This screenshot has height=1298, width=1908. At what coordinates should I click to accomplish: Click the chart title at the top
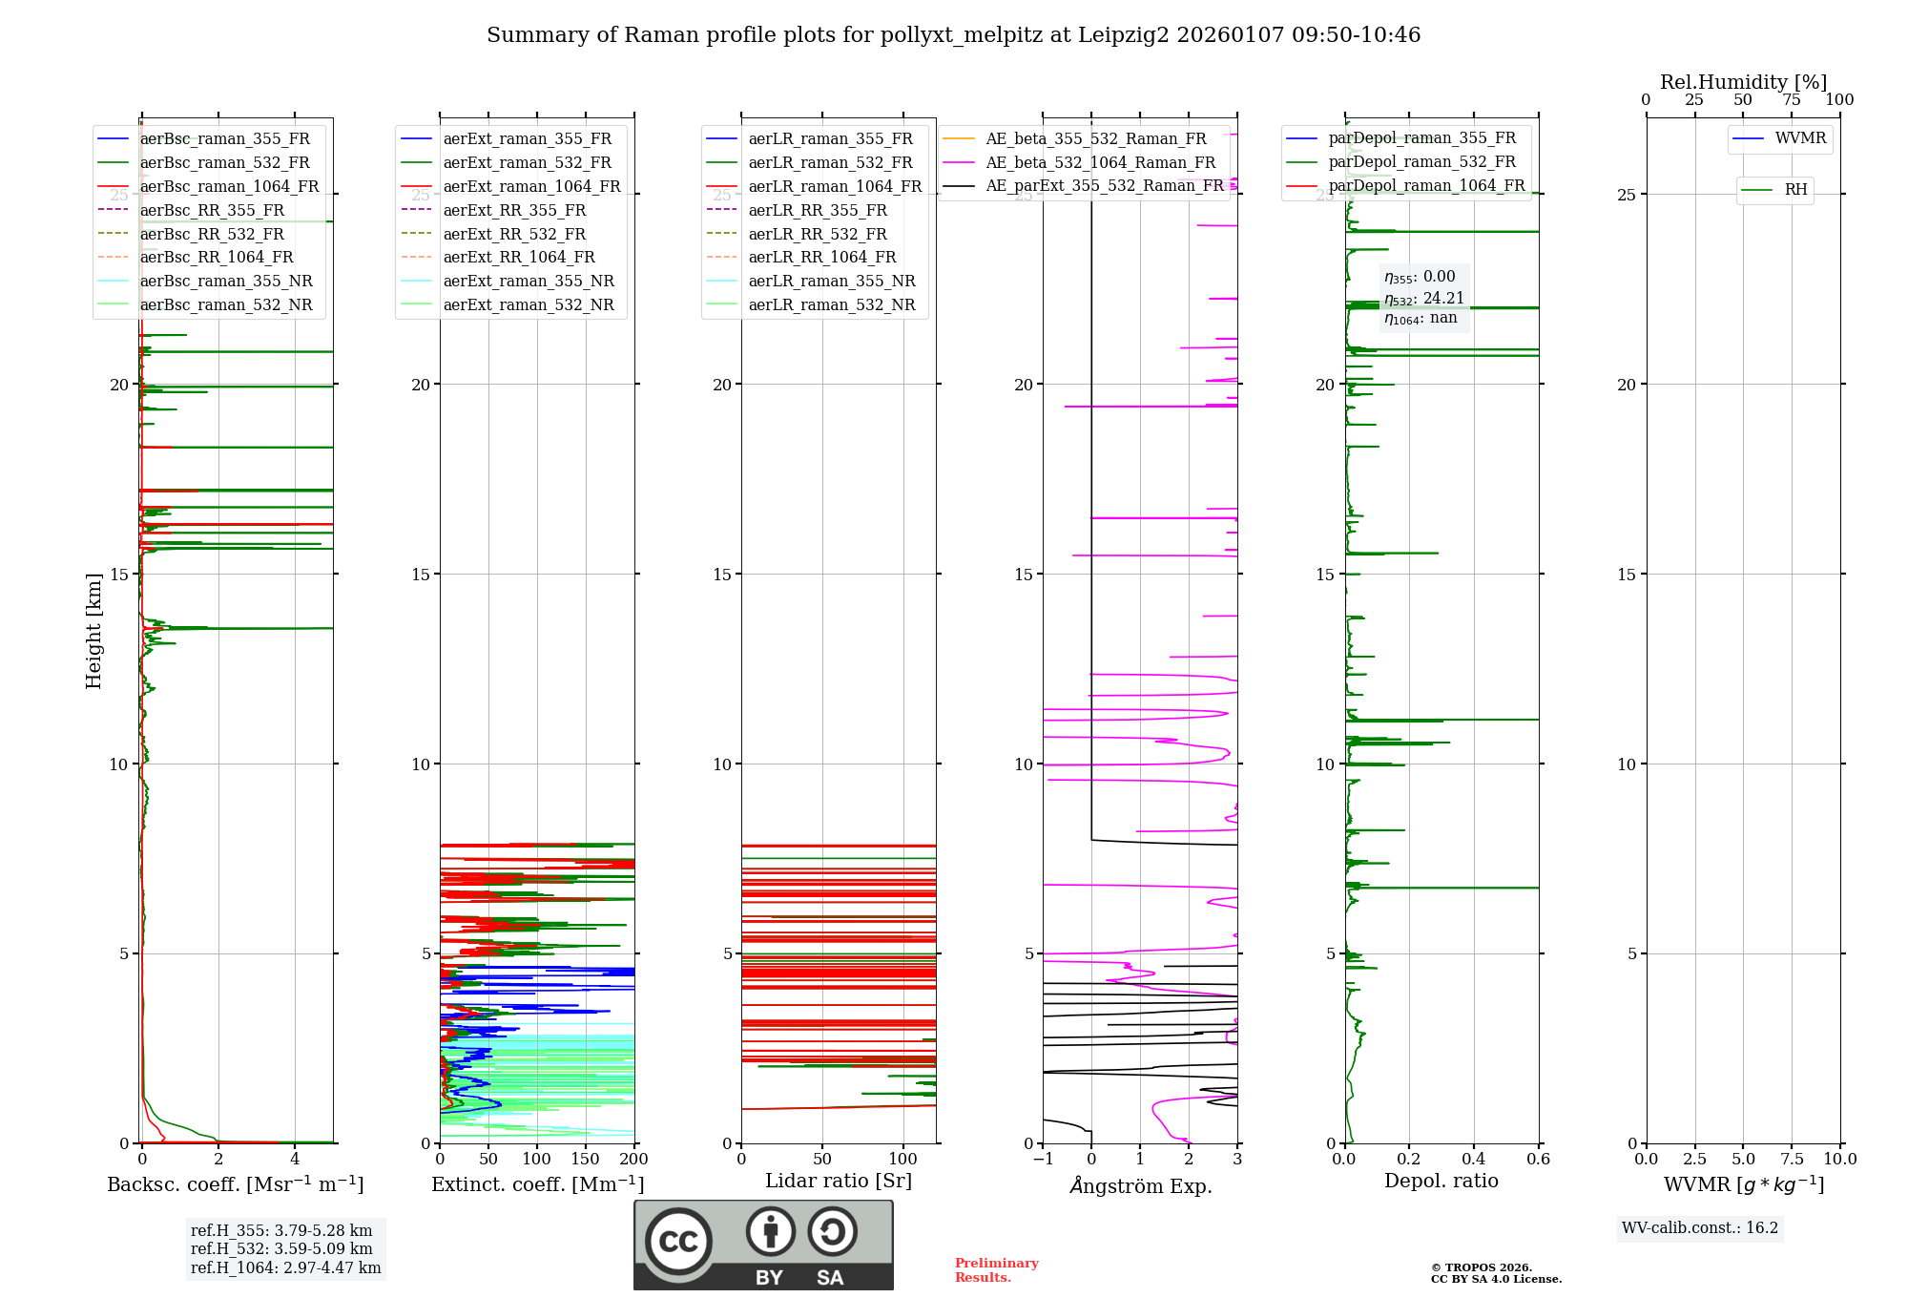[x=953, y=35]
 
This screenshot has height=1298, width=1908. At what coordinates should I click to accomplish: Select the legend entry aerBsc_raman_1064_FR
[x=229, y=186]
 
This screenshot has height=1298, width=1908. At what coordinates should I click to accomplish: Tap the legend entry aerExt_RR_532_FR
[x=514, y=234]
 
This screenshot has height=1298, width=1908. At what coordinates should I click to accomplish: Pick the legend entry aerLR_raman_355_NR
[x=831, y=281]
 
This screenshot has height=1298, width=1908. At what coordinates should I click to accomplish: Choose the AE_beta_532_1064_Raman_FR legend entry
[x=1100, y=162]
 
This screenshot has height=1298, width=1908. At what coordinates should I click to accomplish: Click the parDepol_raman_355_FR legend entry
[x=1421, y=138]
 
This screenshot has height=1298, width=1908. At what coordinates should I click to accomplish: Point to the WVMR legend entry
[x=1800, y=138]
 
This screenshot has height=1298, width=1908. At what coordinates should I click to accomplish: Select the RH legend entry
[x=1795, y=190]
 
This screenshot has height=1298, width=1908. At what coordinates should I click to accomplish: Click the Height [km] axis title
[x=93, y=631]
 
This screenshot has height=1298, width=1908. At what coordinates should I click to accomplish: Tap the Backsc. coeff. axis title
[x=235, y=1184]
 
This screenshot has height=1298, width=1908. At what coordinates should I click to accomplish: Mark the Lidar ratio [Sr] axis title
[x=839, y=1181]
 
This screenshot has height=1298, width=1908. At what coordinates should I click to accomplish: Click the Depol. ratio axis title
[x=1441, y=1181]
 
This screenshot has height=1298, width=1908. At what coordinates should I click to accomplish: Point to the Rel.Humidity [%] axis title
[x=1743, y=82]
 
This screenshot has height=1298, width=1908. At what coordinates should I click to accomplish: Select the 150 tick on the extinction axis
[x=585, y=1159]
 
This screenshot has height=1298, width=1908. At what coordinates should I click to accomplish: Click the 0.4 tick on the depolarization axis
[x=1473, y=1159]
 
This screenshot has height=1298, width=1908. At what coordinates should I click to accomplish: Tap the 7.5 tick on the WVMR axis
[x=1791, y=1159]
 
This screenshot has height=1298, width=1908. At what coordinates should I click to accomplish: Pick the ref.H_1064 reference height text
[x=285, y=1267]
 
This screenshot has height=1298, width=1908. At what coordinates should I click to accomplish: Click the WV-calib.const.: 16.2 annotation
[x=1699, y=1227]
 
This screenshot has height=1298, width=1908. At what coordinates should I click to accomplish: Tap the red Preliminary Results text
[x=996, y=1269]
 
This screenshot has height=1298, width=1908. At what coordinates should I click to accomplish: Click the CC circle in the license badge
[x=678, y=1242]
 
